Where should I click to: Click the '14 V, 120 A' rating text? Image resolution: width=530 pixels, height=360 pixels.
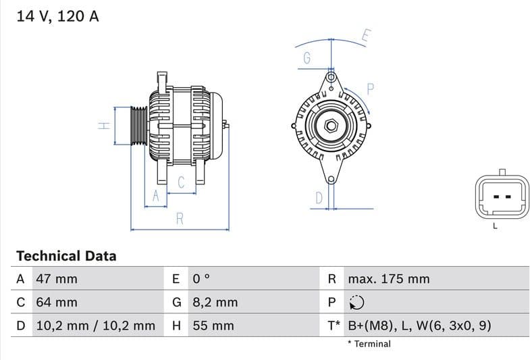click(x=57, y=16)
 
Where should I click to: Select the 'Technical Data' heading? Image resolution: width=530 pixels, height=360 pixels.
click(x=66, y=256)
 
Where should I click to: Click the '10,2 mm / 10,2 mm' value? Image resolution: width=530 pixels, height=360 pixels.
click(x=95, y=326)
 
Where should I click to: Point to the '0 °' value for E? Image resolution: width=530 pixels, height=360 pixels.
click(x=201, y=279)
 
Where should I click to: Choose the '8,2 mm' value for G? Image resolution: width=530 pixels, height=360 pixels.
click(x=215, y=302)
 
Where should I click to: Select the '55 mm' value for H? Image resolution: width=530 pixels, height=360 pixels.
click(x=213, y=326)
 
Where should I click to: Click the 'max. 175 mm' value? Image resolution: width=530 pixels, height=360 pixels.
click(x=388, y=279)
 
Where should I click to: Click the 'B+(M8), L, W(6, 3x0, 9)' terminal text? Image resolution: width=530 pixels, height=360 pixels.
click(x=419, y=326)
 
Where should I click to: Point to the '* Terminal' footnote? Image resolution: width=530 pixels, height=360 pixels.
click(x=369, y=344)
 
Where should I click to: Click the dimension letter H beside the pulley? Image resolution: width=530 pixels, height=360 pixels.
click(x=103, y=126)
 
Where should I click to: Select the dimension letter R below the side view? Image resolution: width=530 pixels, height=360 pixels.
click(x=180, y=219)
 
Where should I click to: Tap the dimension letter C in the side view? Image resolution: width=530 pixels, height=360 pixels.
click(x=181, y=182)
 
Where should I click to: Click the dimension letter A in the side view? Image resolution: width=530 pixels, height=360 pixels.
click(x=156, y=196)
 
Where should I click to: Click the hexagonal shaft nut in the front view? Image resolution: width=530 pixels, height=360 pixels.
click(x=331, y=126)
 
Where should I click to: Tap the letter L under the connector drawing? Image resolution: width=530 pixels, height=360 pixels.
click(x=495, y=226)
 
